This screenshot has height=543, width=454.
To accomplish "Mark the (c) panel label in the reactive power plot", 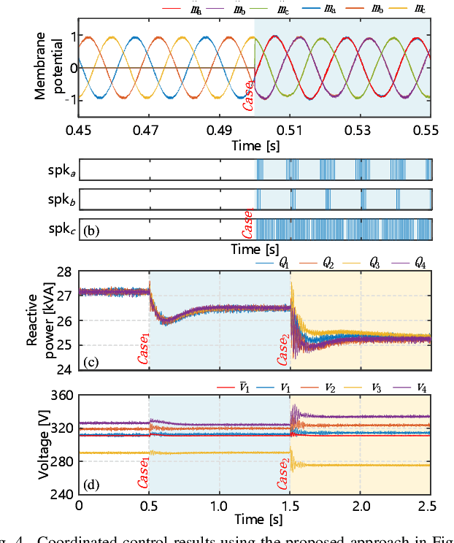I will click(91, 360).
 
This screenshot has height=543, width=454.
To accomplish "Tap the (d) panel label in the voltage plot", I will click(91, 484).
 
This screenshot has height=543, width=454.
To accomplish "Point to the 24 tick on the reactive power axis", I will click(64, 370).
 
